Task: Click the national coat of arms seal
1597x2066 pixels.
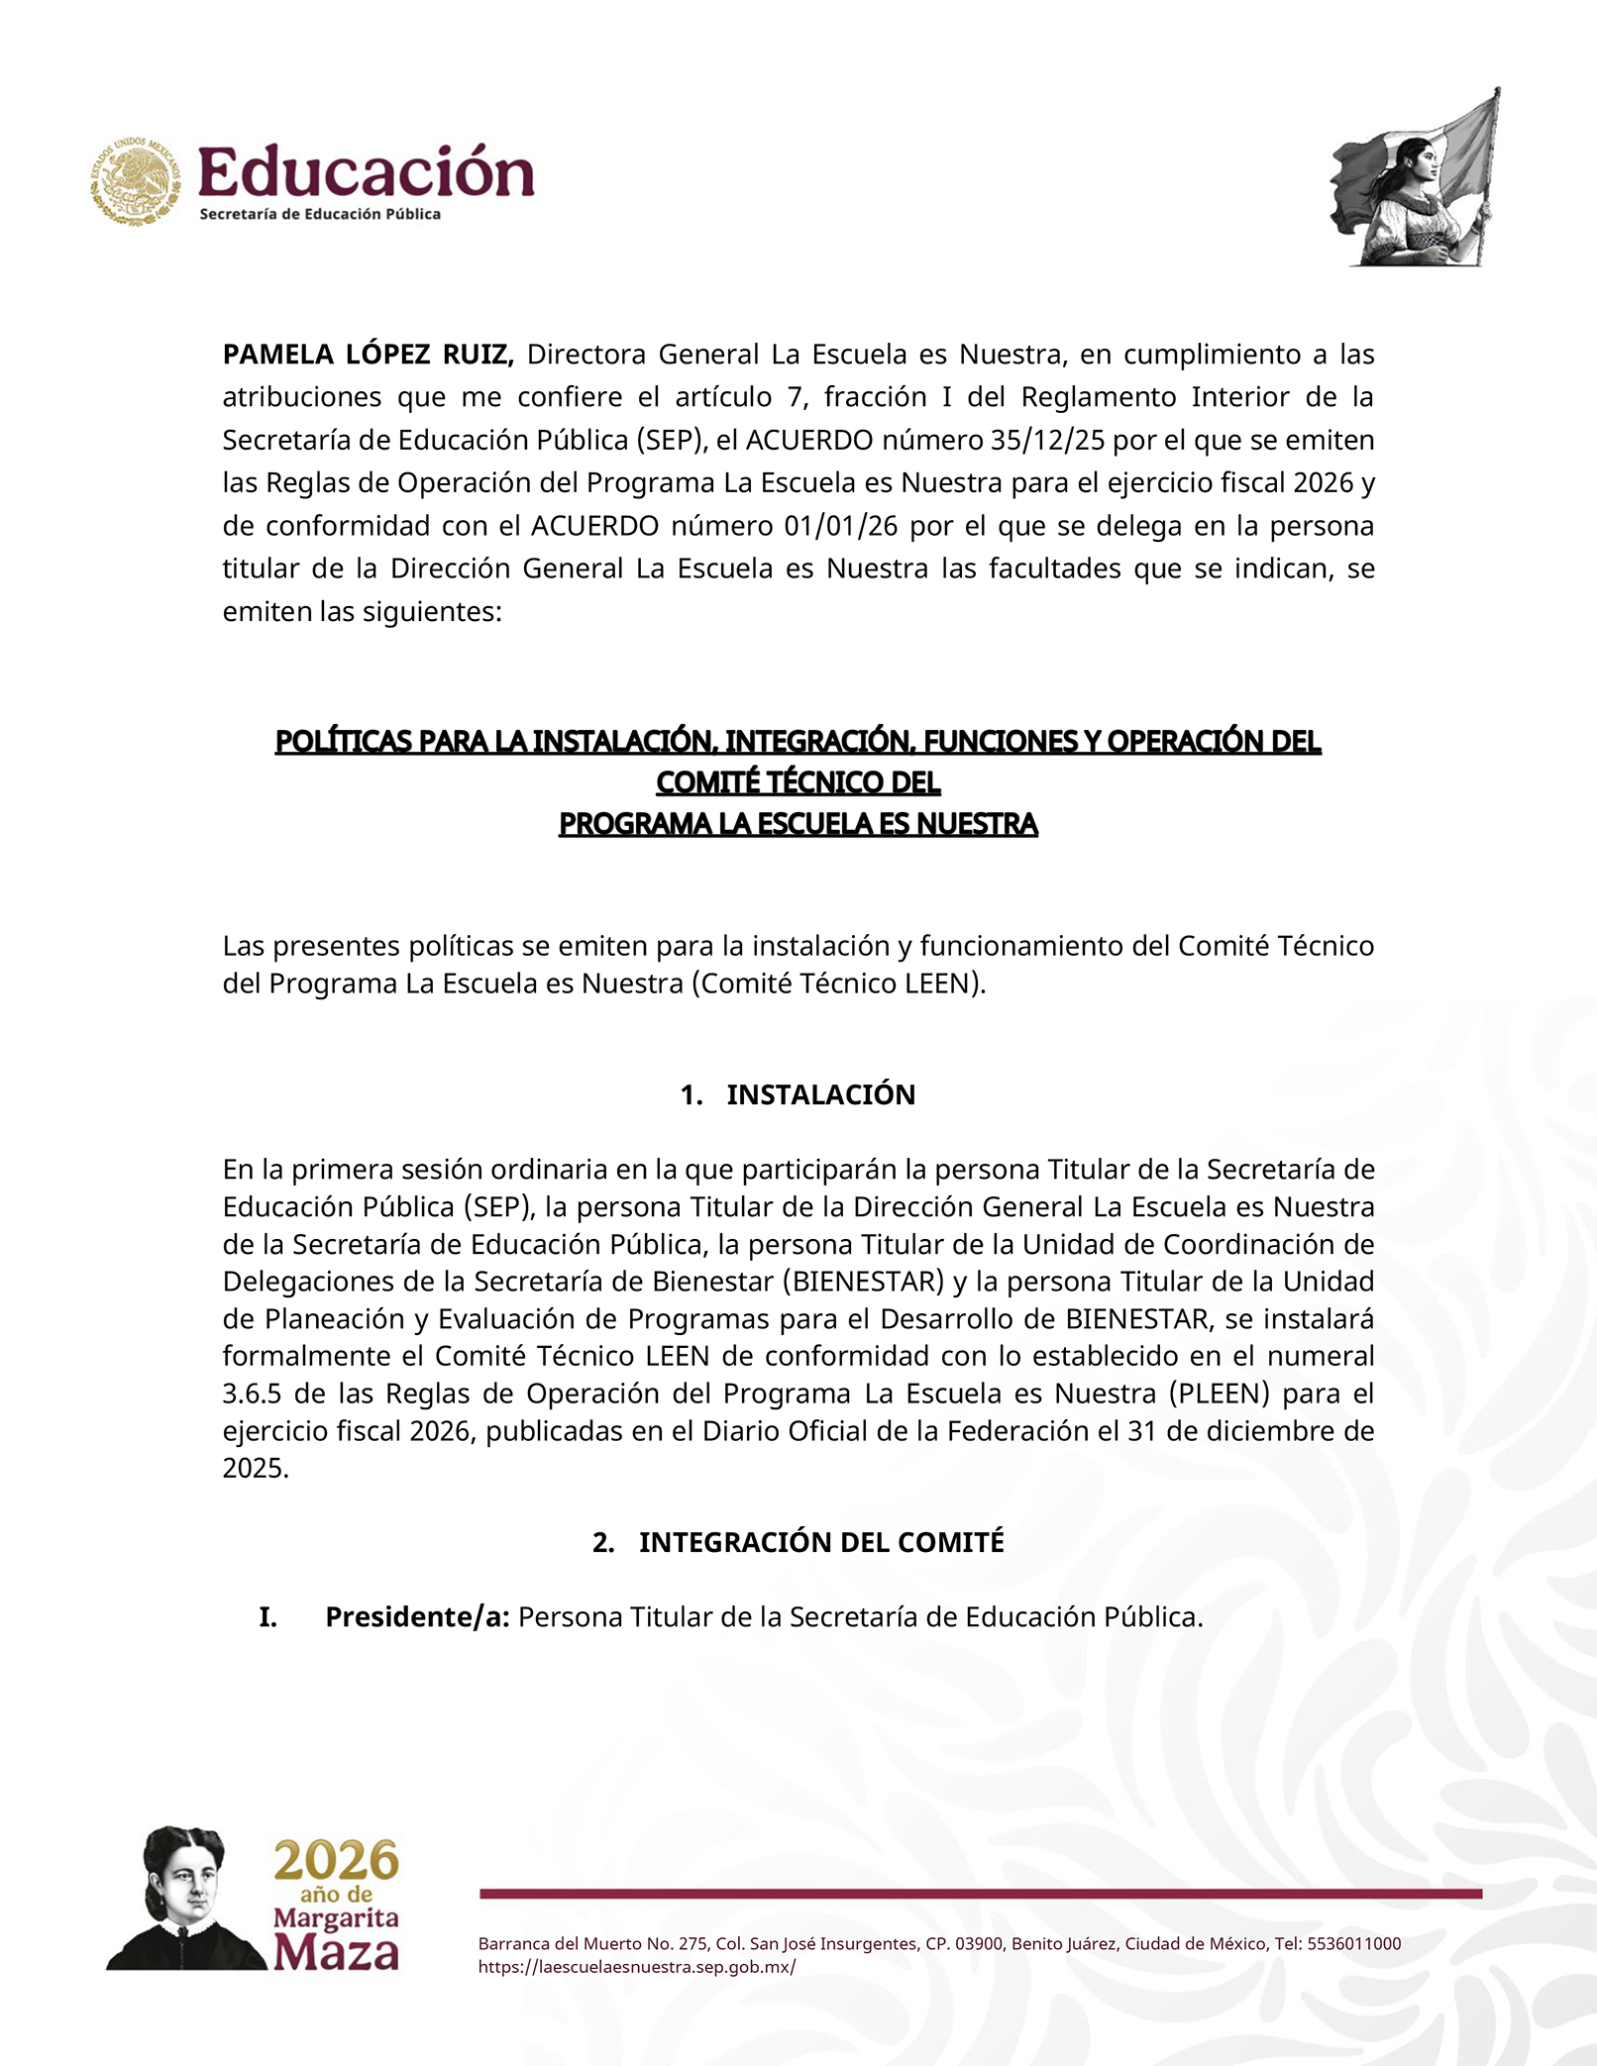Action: click(x=136, y=181)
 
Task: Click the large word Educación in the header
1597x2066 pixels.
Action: click(x=367, y=172)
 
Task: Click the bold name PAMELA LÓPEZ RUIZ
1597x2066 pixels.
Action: click(x=368, y=355)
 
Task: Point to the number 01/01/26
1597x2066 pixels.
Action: click(x=840, y=526)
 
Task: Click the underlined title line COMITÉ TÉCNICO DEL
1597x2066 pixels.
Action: click(x=798, y=782)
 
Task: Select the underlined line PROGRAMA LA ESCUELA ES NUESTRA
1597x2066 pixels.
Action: click(x=798, y=824)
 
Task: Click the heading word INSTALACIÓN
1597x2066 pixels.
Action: click(x=820, y=1094)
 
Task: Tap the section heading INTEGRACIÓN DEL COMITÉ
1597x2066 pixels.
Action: click(x=820, y=1542)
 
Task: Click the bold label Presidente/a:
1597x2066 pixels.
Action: click(x=417, y=1617)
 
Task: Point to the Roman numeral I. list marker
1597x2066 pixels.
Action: click(x=267, y=1617)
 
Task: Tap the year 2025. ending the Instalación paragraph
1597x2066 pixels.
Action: click(x=256, y=1468)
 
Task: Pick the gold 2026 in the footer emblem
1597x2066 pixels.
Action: click(x=337, y=1861)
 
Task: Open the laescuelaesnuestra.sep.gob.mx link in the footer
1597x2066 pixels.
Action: click(x=636, y=1967)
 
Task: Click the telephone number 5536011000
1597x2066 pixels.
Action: click(x=1353, y=1943)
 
